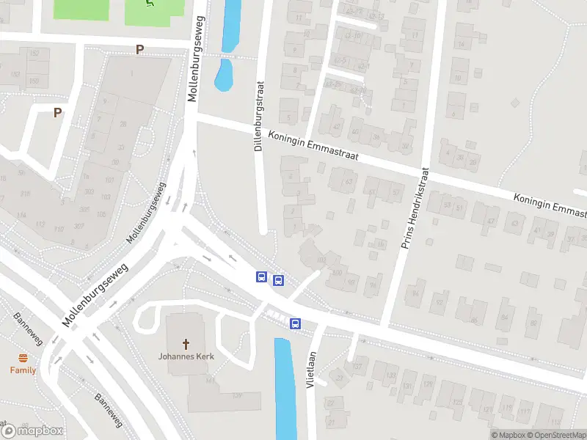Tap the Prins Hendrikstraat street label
pyautogui.click(x=415, y=208)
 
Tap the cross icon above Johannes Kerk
pyautogui.click(x=186, y=343)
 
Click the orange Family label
pyautogui.click(x=23, y=370)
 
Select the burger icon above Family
pyautogui.click(x=23, y=358)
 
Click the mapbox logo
pyautogui.click(x=33, y=430)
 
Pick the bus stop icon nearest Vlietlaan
pyautogui.click(x=295, y=323)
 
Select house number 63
pyautogui.click(x=349, y=182)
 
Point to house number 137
pyautogui.click(x=358, y=366)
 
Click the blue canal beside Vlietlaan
pyautogui.click(x=285, y=389)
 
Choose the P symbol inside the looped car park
pyautogui.click(x=56, y=113)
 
